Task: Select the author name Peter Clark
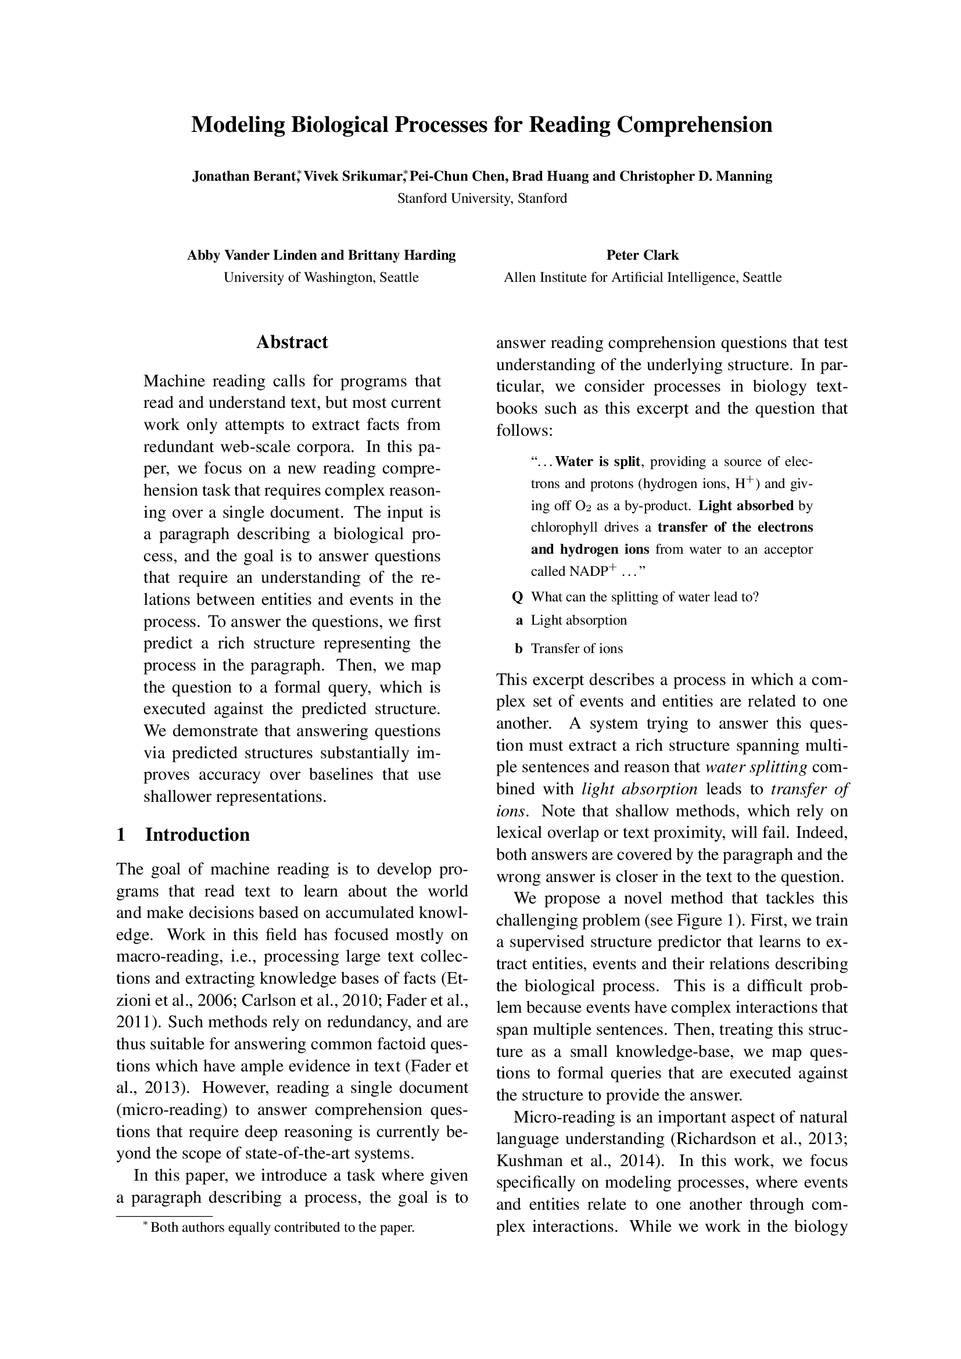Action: [642, 255]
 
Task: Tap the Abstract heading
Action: [292, 342]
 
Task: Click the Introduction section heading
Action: [197, 834]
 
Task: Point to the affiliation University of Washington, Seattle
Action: [321, 277]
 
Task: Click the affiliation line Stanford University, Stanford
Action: [482, 198]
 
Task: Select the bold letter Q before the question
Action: [517, 597]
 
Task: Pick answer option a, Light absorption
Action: [578, 621]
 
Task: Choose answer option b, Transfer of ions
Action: [576, 649]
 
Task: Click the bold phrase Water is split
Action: [598, 461]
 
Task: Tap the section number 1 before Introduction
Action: [121, 834]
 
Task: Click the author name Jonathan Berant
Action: [244, 177]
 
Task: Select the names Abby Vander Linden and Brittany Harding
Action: [321, 255]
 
